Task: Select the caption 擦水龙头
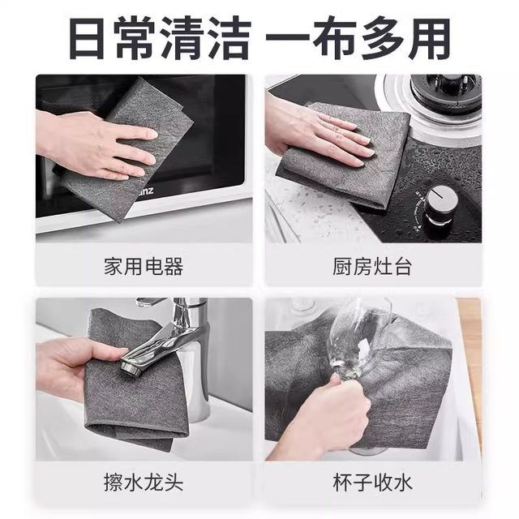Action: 144,484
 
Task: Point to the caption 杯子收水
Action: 373,484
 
